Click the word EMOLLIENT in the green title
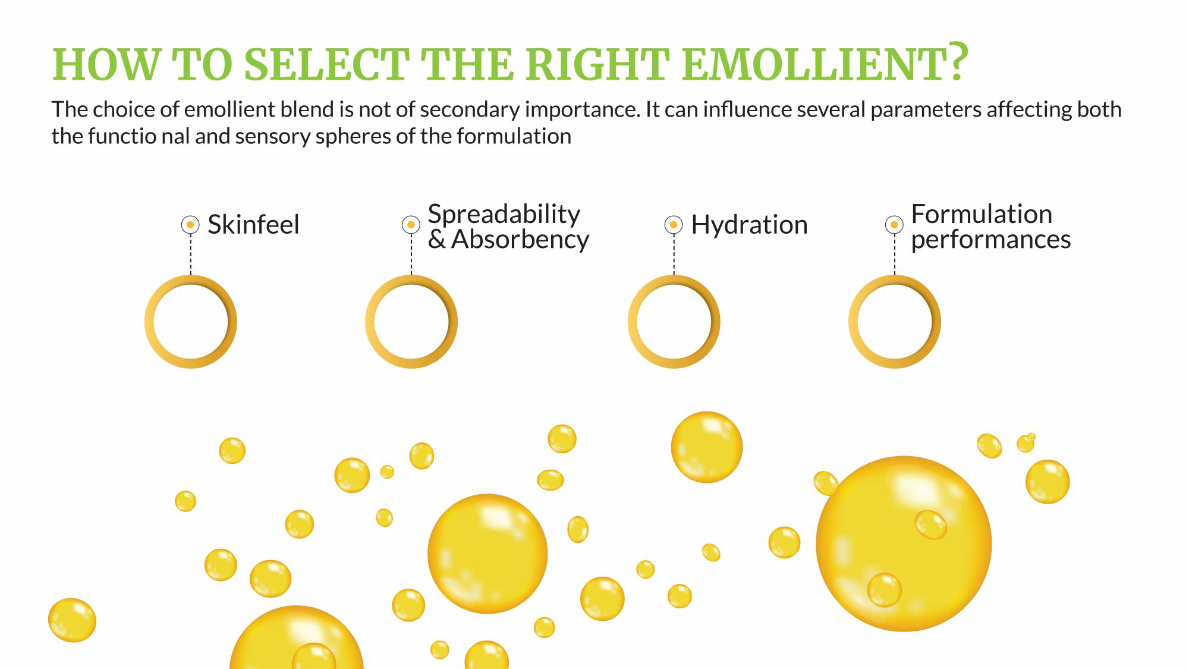[814, 64]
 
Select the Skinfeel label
[253, 225]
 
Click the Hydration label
[749, 225]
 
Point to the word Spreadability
[504, 213]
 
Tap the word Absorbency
[520, 239]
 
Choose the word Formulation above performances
[982, 213]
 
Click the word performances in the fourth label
[990, 239]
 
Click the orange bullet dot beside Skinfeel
[190, 225]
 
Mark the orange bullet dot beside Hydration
[673, 225]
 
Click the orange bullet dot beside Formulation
[894, 225]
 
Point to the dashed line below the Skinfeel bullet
[191, 255]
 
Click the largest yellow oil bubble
[903, 544]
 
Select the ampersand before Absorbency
[436, 239]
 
